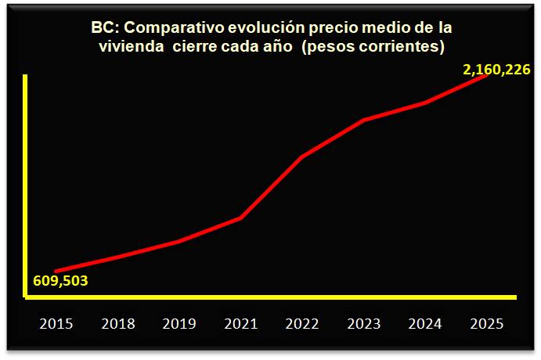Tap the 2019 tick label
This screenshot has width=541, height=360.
tap(179, 323)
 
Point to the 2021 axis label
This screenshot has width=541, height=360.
tap(240, 323)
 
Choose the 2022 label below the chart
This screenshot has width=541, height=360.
tap(302, 323)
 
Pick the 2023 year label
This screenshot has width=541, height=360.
tap(364, 323)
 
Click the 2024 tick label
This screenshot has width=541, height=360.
tap(426, 323)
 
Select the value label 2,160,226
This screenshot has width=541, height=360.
tap(497, 70)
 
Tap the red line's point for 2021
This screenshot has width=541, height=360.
tap(240, 217)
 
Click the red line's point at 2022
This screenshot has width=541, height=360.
tap(302, 157)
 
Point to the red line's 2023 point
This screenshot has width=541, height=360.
tap(364, 120)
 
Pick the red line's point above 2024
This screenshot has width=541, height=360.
tap(426, 103)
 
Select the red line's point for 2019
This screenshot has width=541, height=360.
tap(179, 241)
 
